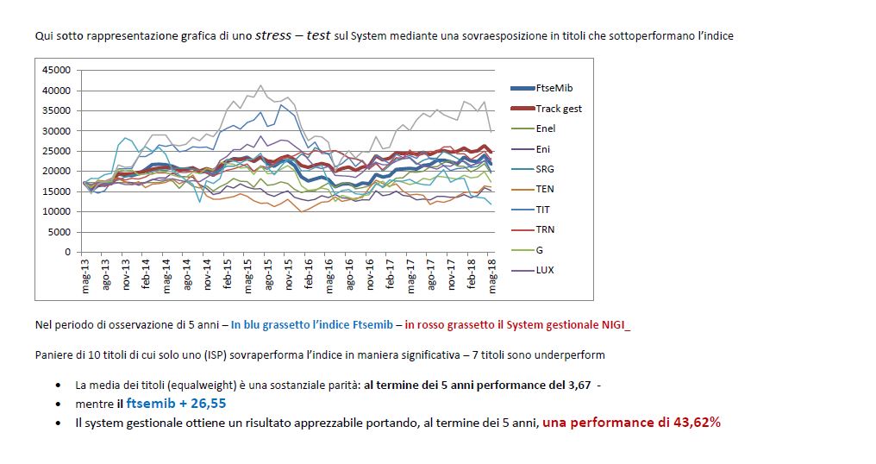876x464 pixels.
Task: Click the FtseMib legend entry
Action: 554,88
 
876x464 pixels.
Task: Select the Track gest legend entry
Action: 559,109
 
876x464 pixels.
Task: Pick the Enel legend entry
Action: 546,129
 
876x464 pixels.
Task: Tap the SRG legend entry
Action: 545,169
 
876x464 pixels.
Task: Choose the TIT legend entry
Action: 543,210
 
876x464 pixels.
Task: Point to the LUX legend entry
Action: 545,270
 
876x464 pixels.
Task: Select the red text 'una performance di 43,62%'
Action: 631,423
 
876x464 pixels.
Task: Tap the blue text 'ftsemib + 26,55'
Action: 176,403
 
